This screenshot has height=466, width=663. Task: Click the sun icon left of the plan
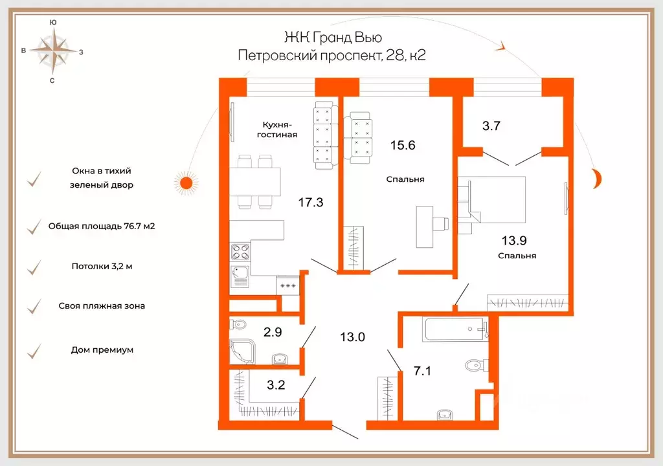(186, 183)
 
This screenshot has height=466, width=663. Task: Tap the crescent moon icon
(598, 177)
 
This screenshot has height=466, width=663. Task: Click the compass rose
(53, 51)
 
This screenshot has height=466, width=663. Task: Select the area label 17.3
(311, 202)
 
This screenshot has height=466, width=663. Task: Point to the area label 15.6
(403, 145)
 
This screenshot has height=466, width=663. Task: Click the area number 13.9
(514, 240)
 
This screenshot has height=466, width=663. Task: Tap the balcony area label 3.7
(491, 126)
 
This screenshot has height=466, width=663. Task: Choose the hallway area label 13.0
(352, 337)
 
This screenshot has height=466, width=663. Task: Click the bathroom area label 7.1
(422, 371)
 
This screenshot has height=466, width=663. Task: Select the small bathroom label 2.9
(273, 332)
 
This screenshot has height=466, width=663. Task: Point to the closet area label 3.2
(276, 385)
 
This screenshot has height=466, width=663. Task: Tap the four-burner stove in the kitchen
(240, 252)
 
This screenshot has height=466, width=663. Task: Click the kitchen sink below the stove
(240, 276)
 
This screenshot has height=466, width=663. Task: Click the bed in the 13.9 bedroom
(492, 199)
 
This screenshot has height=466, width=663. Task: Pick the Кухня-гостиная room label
(277, 130)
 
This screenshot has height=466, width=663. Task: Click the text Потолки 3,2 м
(102, 266)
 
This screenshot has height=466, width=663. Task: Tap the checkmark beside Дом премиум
(34, 351)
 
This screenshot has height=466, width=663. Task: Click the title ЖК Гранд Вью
(333, 37)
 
